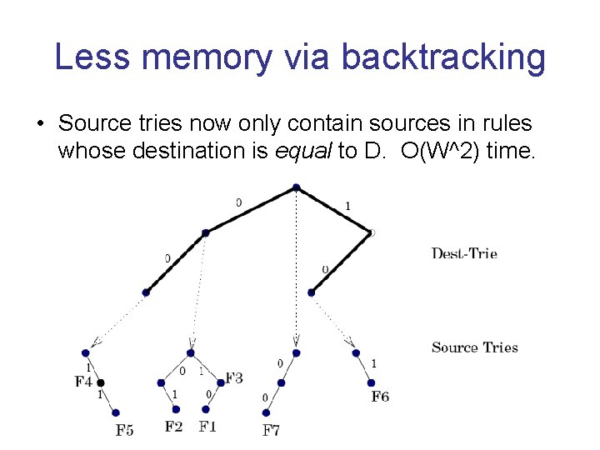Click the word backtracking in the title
click(x=443, y=57)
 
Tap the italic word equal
click(x=299, y=152)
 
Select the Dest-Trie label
click(x=464, y=253)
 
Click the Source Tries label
click(x=474, y=347)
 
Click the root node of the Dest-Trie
click(x=296, y=188)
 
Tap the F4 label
click(x=83, y=382)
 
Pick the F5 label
click(x=125, y=430)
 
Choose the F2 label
click(x=174, y=427)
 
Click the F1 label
click(x=207, y=427)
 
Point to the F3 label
click(x=234, y=378)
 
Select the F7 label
click(x=271, y=430)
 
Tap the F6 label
click(x=380, y=397)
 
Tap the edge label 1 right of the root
click(x=347, y=206)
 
